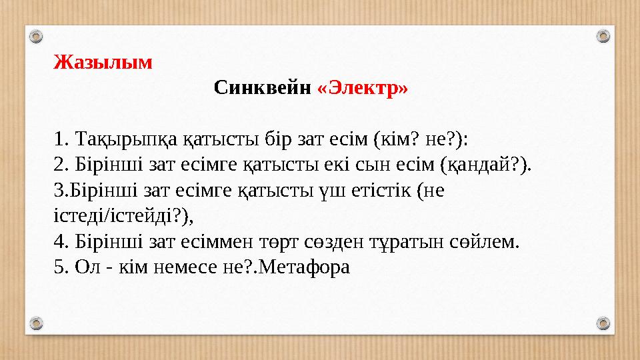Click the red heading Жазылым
pos(103,63)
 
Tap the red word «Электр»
pos(363,87)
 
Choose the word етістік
pos(376,191)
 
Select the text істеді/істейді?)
pos(127,216)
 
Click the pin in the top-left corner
pos(37,35)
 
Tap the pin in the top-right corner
pos(603,35)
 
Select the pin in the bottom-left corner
pos(37,323)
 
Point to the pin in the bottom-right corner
pos(603,323)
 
